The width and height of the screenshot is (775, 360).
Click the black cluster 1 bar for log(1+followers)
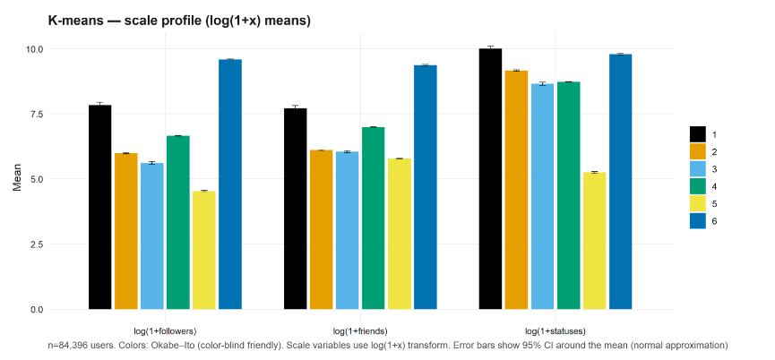coord(99,207)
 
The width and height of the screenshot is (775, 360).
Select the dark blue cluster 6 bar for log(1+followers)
coord(230,184)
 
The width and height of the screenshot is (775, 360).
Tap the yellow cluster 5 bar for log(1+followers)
coord(204,250)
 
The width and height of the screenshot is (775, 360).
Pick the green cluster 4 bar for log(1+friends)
coord(374,219)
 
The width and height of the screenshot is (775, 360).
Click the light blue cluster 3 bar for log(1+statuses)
coord(542,196)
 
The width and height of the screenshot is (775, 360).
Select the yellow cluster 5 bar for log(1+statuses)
coord(594,241)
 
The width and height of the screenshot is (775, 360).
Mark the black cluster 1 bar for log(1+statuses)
coord(490,179)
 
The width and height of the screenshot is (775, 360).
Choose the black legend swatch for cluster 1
coord(697,134)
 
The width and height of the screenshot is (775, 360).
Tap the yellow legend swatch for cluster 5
coord(697,204)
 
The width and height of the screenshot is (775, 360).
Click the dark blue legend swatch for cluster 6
coord(697,221)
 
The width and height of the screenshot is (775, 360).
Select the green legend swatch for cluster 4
coord(697,186)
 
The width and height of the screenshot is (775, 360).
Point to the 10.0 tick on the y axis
coord(35,49)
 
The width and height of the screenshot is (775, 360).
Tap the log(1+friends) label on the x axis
coord(360,330)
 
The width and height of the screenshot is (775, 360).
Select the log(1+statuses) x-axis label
coord(555,330)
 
